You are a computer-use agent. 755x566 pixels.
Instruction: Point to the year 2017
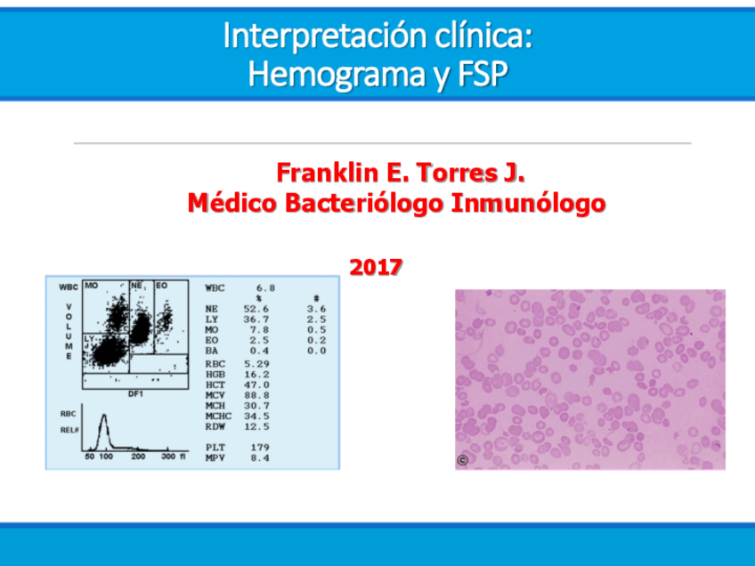(x=376, y=265)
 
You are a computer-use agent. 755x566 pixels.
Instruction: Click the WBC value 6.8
(x=264, y=288)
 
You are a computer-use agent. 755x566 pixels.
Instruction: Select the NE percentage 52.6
(x=256, y=309)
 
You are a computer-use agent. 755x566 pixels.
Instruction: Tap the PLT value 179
(x=259, y=448)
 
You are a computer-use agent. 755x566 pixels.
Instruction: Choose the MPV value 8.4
(x=259, y=458)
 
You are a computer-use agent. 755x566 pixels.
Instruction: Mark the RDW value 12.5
(x=256, y=426)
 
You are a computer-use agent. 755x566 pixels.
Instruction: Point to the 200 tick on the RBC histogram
(x=139, y=457)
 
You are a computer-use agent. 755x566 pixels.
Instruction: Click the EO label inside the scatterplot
(x=161, y=286)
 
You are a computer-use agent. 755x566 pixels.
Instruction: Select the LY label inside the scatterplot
(x=89, y=339)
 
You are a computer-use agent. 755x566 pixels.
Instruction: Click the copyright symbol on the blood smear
(x=462, y=460)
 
